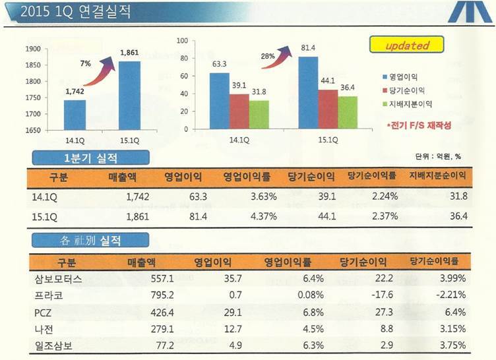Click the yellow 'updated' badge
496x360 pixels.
tap(408, 45)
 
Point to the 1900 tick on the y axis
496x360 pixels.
tap(34, 49)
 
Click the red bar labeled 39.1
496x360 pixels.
tap(239, 111)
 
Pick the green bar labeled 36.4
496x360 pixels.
tap(348, 112)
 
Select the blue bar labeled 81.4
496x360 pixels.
tap(308, 92)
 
